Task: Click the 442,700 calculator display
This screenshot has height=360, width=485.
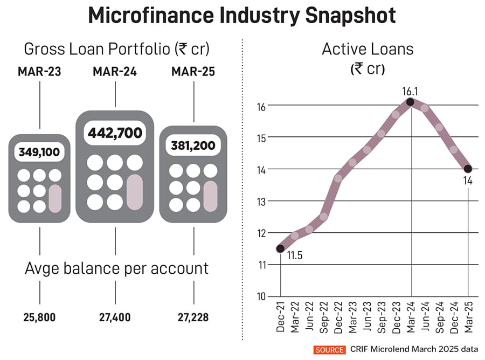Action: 115,132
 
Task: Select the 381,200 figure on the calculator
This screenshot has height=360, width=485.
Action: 193,145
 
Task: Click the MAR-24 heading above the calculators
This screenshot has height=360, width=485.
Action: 115,72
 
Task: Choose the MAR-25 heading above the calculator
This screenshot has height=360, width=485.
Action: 193,72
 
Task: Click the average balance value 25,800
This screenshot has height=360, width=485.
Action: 40,317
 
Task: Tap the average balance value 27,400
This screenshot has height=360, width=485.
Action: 115,317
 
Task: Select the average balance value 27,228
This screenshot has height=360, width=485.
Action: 193,317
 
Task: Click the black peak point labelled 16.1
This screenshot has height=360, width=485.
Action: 411,102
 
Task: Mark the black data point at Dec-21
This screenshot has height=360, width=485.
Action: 280,248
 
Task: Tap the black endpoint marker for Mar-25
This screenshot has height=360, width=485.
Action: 468,169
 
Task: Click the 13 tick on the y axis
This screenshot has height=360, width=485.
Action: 262,201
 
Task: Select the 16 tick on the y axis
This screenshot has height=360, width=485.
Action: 262,106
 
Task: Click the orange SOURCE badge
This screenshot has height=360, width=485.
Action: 329,350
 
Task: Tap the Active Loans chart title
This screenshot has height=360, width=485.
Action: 368,49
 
